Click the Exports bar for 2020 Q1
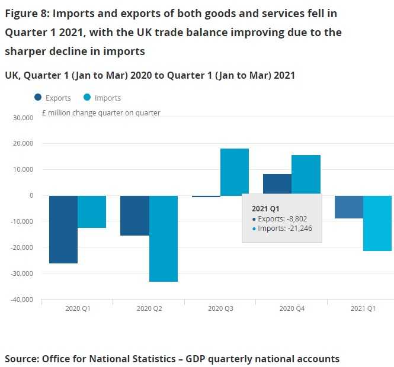[63, 229]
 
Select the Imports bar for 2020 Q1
[92, 211]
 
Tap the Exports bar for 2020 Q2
[135, 215]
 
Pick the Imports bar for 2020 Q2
[164, 238]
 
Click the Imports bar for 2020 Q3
[235, 172]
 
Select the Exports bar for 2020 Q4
[277, 184]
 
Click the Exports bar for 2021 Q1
[348, 207]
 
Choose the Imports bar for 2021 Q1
[377, 223]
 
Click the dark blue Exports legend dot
[39, 98]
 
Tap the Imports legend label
[108, 98]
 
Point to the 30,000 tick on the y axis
[23, 118]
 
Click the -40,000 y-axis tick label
[22, 300]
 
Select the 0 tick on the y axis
[31, 195]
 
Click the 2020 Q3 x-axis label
[220, 308]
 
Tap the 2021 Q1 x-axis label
[363, 308]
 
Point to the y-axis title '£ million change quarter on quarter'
[101, 112]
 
